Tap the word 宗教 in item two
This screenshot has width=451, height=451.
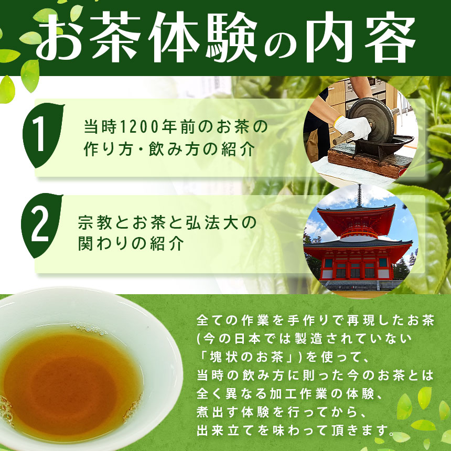[x=95, y=222]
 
